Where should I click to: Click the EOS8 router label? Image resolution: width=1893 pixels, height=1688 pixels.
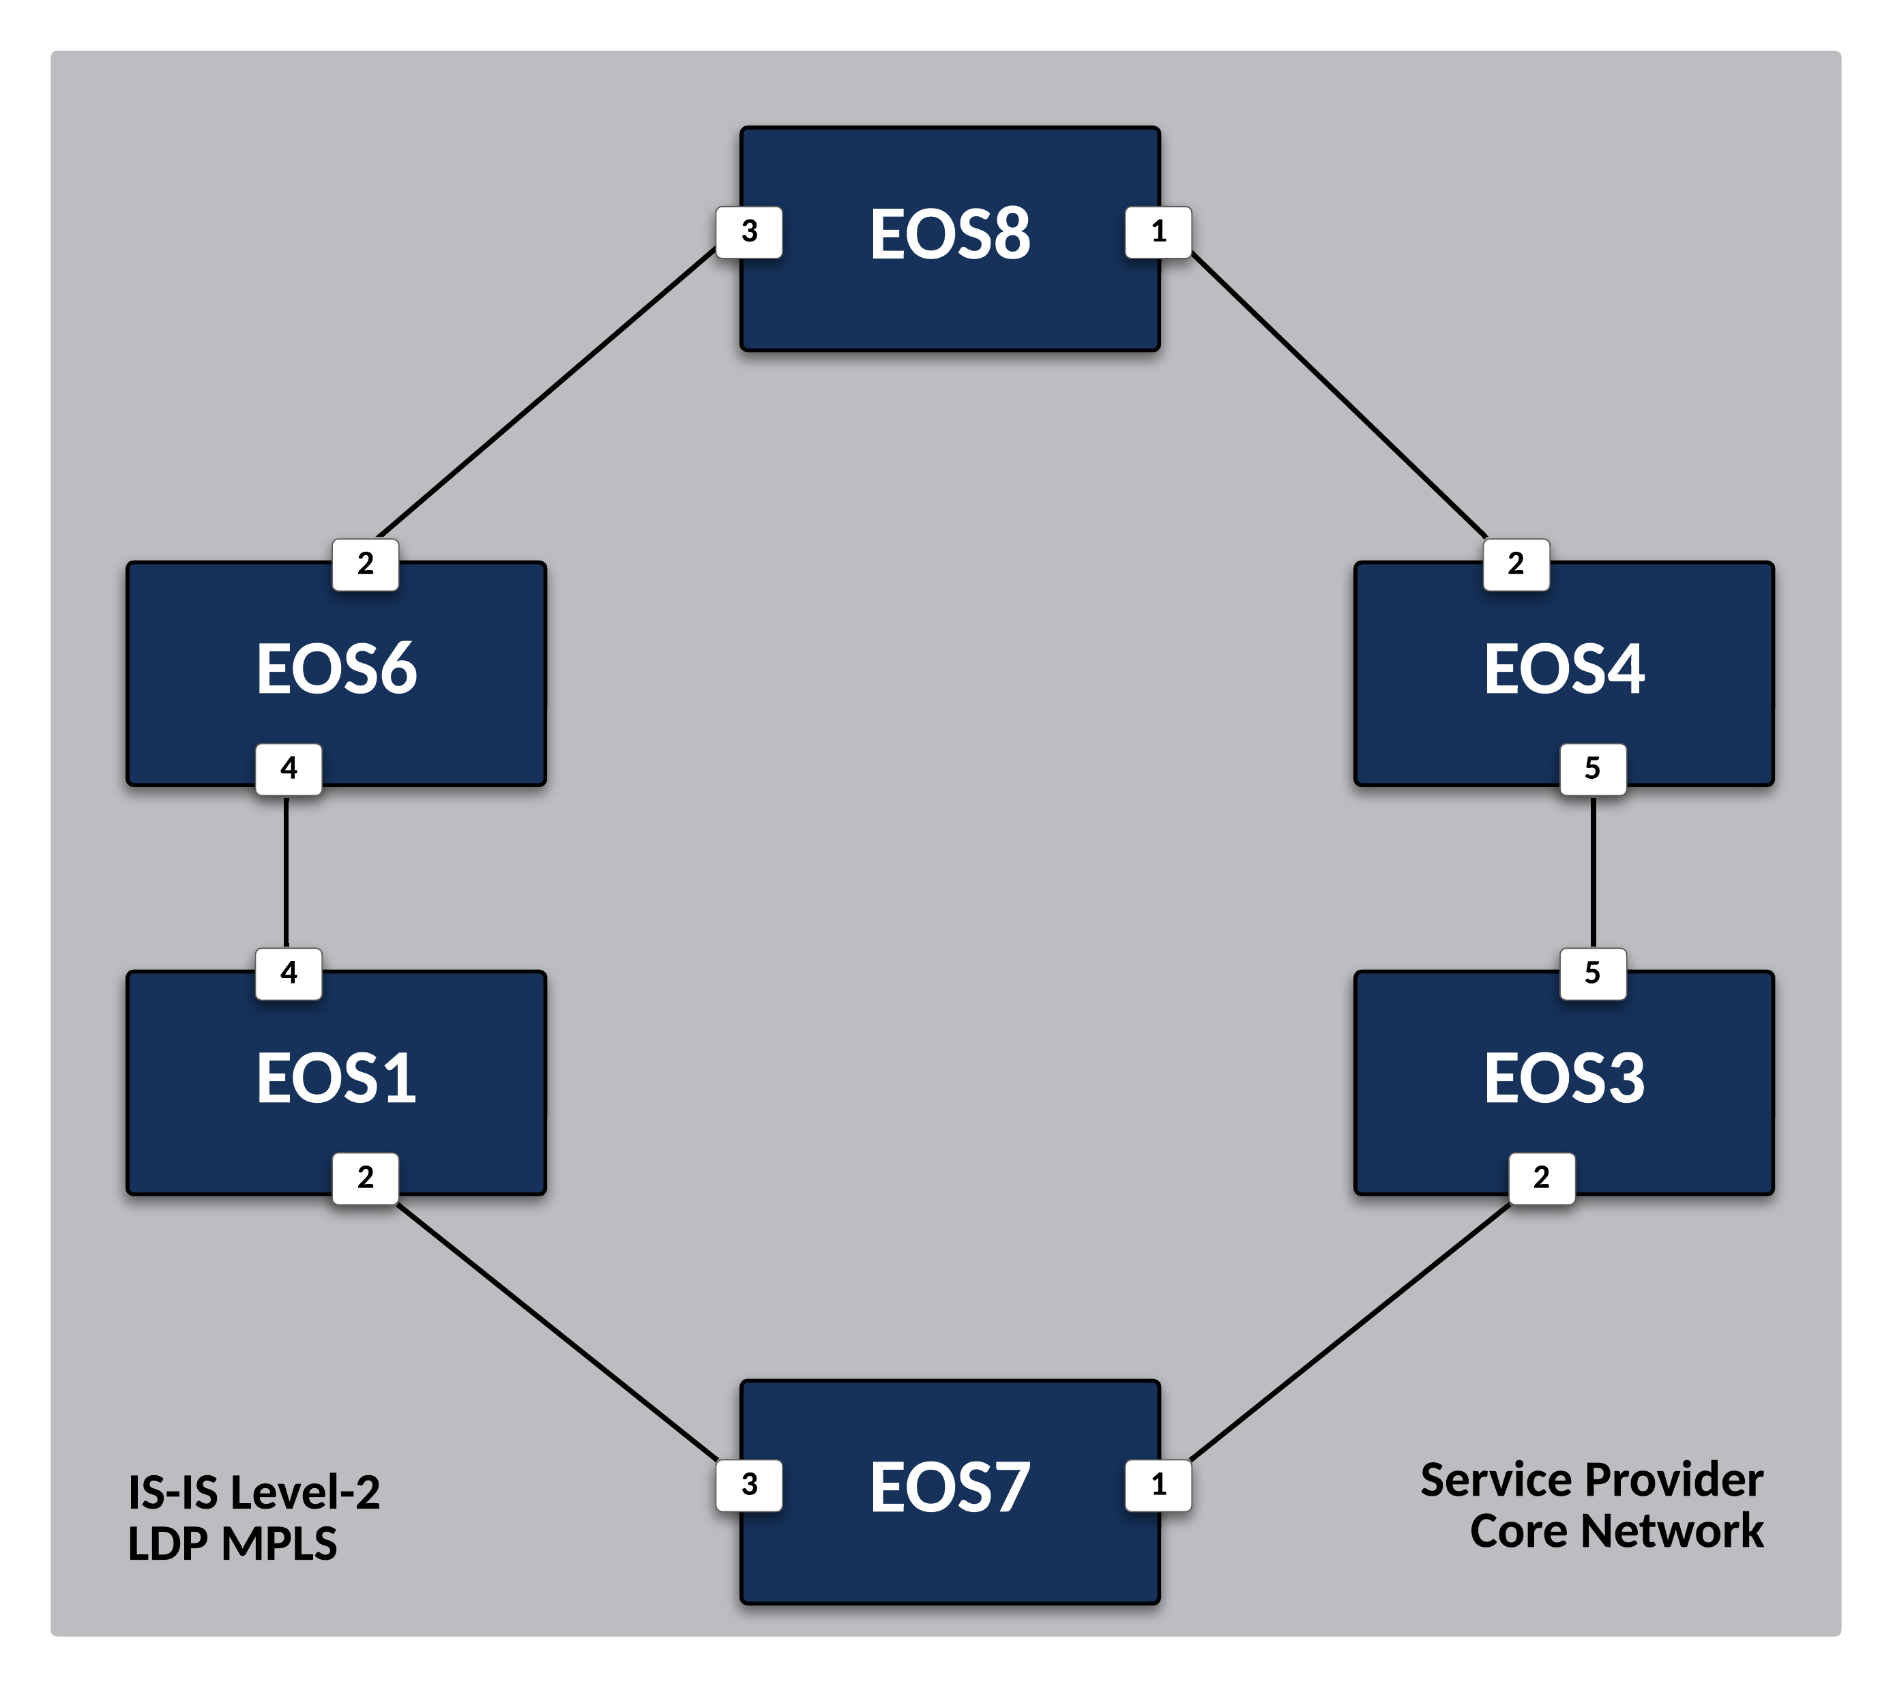[x=950, y=234]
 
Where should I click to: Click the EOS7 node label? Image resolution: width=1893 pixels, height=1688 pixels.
[x=950, y=1487]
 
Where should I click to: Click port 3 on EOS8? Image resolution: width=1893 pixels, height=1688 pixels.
[x=750, y=232]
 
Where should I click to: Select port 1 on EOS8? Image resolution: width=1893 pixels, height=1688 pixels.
[x=1158, y=232]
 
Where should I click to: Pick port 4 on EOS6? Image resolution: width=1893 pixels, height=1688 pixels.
[x=289, y=769]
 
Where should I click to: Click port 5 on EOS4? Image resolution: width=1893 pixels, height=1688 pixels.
[x=1592, y=769]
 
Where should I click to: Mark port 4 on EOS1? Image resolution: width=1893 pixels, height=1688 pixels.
[x=289, y=973]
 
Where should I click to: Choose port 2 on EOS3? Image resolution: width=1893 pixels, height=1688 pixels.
[x=1542, y=1178]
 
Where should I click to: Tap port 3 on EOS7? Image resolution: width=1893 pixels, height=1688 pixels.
[x=750, y=1485]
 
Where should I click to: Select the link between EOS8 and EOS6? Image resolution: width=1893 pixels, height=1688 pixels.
[x=547, y=392]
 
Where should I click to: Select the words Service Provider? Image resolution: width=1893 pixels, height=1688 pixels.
[x=1591, y=1480]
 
